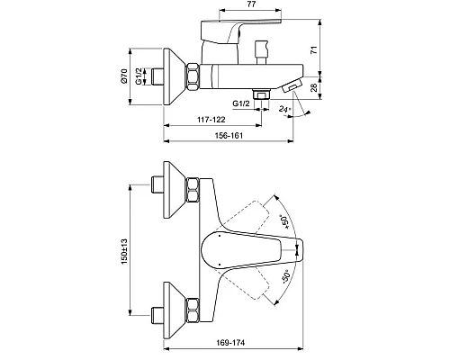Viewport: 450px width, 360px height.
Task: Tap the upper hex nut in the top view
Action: pyautogui.click(x=193, y=190)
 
